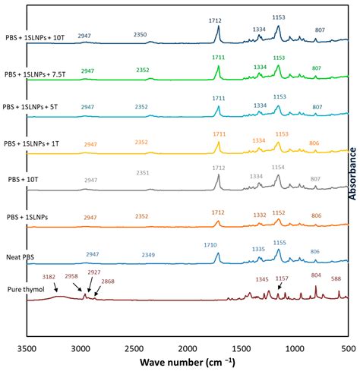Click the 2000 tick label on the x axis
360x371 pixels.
187,350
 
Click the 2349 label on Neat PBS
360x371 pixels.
153,255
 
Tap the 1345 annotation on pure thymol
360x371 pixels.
261,280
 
